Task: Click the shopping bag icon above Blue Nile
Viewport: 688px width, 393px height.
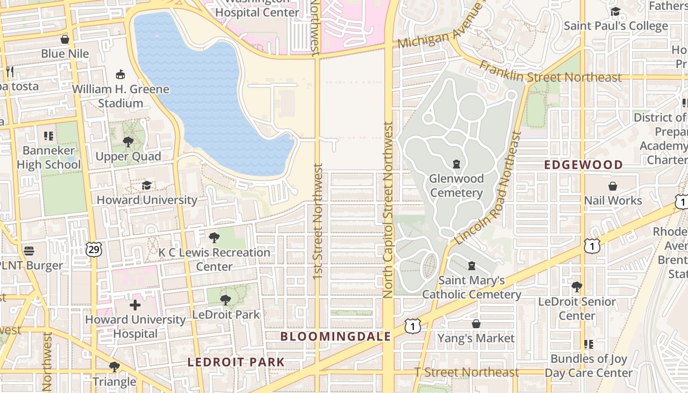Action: (x=64, y=39)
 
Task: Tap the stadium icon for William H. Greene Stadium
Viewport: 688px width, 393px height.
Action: (x=120, y=74)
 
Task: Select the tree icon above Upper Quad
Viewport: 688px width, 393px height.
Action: (x=128, y=142)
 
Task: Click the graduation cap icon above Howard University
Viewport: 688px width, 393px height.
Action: (x=146, y=185)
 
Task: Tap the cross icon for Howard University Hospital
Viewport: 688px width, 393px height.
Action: (x=135, y=305)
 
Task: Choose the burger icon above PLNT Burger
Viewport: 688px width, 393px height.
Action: (x=29, y=251)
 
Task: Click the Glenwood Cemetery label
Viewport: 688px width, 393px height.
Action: (x=457, y=186)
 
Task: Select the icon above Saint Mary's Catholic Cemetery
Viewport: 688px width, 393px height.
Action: (x=472, y=266)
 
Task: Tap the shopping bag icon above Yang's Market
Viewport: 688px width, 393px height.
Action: (x=476, y=324)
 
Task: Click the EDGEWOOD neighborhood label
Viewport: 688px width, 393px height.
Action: (x=583, y=165)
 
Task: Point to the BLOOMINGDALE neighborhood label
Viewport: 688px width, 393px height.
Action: (x=336, y=337)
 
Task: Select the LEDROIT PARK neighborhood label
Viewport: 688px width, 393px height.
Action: (x=236, y=363)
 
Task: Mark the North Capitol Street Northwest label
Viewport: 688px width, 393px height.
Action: (x=388, y=210)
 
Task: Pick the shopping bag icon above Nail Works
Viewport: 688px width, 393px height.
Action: (x=613, y=186)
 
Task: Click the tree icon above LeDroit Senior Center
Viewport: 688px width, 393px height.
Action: (x=577, y=286)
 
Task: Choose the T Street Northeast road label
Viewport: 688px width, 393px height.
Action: (x=466, y=372)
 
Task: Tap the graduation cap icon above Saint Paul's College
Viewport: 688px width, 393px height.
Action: (x=615, y=11)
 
